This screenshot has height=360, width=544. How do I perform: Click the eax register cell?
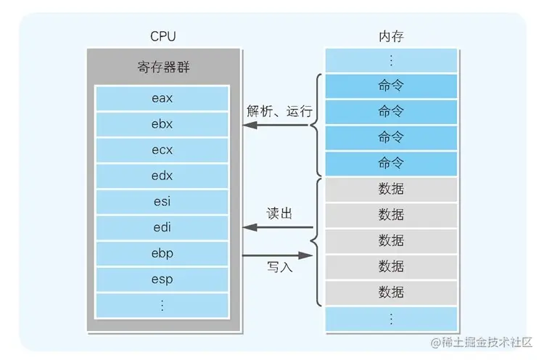click(x=162, y=97)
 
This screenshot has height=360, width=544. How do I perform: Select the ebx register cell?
click(x=162, y=123)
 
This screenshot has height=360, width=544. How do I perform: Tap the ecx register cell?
click(x=162, y=150)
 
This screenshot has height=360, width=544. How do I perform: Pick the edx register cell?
click(x=162, y=175)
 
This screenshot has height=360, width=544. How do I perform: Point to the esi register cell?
click(x=162, y=201)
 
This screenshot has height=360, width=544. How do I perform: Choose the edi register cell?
click(x=162, y=227)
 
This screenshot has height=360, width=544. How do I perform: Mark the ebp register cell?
click(x=162, y=253)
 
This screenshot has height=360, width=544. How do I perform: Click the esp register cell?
click(x=162, y=279)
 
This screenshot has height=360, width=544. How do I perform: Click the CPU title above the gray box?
click(x=162, y=36)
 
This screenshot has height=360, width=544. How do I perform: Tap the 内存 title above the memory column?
click(x=391, y=36)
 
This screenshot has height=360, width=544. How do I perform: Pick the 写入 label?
click(x=279, y=267)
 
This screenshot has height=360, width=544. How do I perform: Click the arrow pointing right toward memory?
click(x=279, y=254)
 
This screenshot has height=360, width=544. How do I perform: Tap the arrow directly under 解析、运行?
click(x=279, y=125)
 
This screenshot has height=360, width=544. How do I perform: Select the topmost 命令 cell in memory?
click(x=391, y=86)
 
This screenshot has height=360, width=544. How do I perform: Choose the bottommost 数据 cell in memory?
click(x=391, y=292)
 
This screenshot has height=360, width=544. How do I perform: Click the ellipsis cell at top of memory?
click(x=391, y=60)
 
